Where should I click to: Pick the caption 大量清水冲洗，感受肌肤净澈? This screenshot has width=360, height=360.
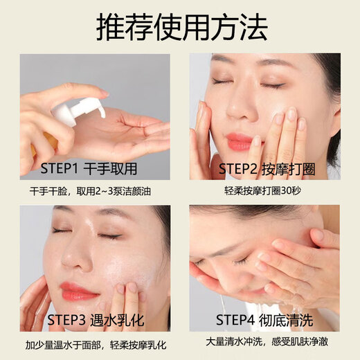266,344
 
